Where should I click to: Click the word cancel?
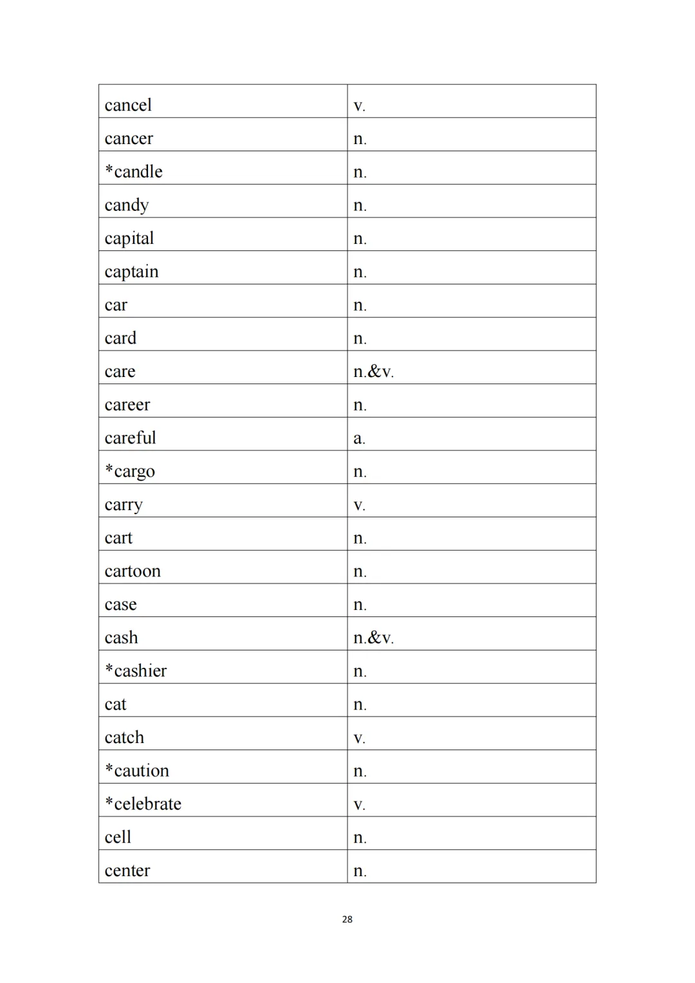[x=128, y=105]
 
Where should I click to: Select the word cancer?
[x=129, y=138]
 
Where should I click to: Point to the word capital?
[x=129, y=239]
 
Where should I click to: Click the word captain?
[x=131, y=272]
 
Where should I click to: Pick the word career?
[x=127, y=405]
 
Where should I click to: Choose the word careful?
[x=131, y=438]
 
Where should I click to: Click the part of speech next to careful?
[x=359, y=439]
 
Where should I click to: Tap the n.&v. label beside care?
[x=373, y=372]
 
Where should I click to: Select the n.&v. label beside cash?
[x=373, y=638]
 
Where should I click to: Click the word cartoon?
[x=133, y=571]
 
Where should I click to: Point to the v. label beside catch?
[x=359, y=739]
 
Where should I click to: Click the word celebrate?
[x=147, y=804]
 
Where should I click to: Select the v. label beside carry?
[x=359, y=506]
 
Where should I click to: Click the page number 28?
[x=347, y=919]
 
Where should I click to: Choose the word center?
[x=127, y=870]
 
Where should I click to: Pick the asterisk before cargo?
[x=109, y=469]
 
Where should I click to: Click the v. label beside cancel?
[x=359, y=106]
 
